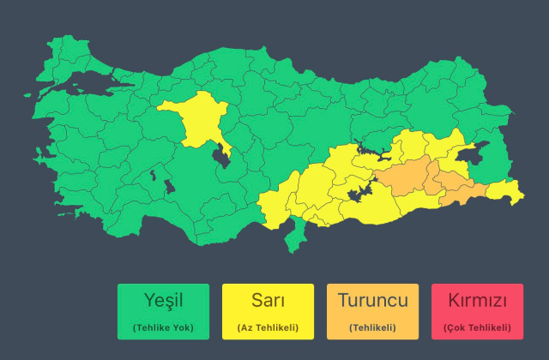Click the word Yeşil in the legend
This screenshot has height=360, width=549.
pyautogui.click(x=163, y=301)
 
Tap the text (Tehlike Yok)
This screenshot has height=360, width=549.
pyautogui.click(x=163, y=327)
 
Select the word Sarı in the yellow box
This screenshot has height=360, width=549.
pyautogui.click(x=268, y=301)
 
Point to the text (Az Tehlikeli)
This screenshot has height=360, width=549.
pyautogui.click(x=268, y=327)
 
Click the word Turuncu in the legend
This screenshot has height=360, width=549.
pyautogui.click(x=372, y=301)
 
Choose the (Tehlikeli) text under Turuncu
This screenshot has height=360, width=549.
pyautogui.click(x=372, y=327)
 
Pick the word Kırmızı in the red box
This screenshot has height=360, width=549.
pyautogui.click(x=477, y=301)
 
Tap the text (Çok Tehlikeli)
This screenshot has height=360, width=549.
pyautogui.click(x=477, y=327)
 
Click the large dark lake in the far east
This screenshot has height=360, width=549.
pyautogui.click(x=470, y=154)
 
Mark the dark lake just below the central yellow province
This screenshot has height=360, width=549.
pyautogui.click(x=221, y=157)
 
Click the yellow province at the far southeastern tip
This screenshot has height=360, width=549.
pyautogui.click(x=506, y=194)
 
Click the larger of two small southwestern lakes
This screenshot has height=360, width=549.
pyautogui.click(x=154, y=176)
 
